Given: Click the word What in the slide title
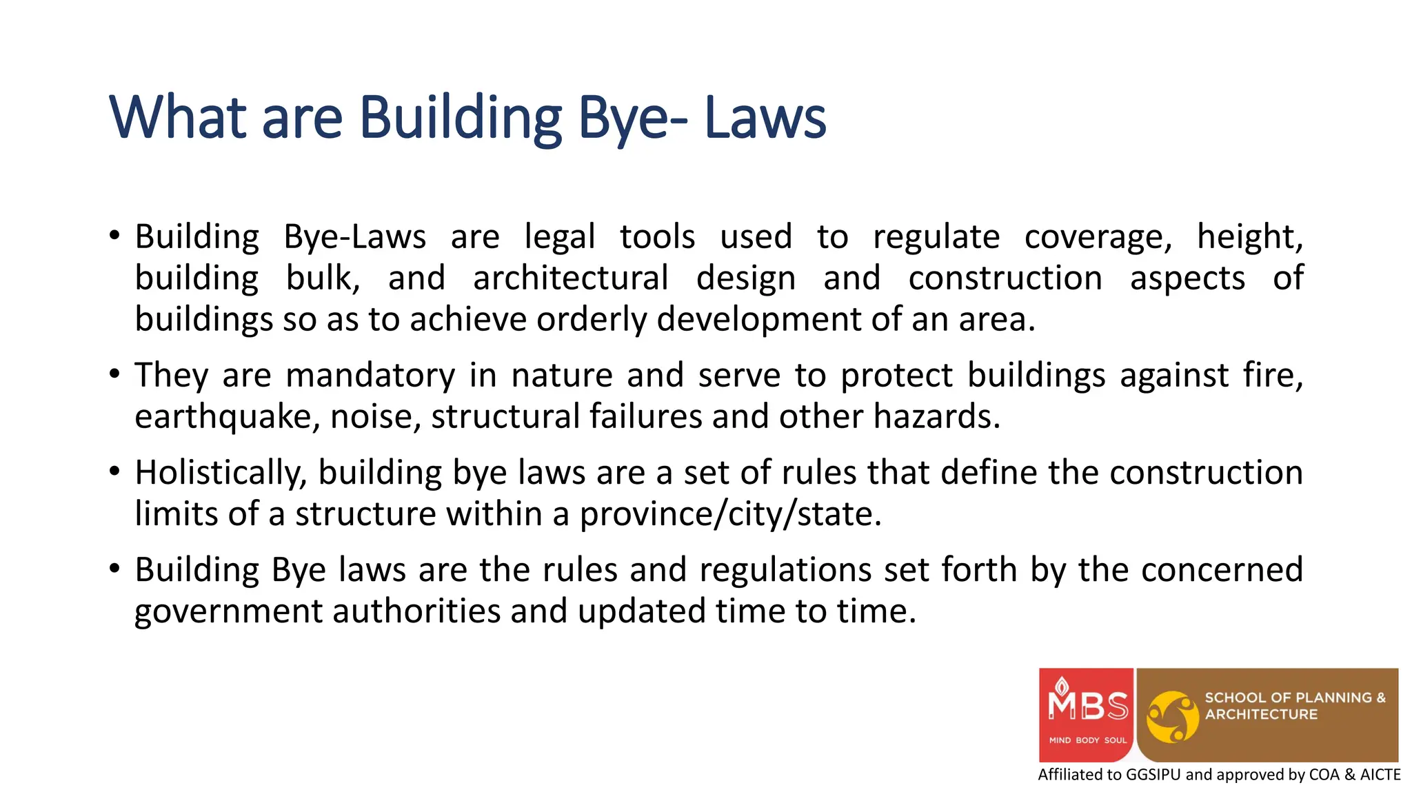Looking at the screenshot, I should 178,117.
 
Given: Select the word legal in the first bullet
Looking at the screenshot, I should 559,237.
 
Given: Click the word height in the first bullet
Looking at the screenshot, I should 1249,237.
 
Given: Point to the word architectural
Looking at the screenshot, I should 570,278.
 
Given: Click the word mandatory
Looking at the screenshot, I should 370,376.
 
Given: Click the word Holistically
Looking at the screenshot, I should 221,474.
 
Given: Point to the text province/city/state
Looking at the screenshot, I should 730,515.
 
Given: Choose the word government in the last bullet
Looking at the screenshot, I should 228,612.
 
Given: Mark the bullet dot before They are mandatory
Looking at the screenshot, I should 114,375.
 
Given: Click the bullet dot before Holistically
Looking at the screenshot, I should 114,472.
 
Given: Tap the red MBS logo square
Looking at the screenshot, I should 1086,714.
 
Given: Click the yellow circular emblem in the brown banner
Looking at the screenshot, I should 1172,717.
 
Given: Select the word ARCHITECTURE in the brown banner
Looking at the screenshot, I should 1261,715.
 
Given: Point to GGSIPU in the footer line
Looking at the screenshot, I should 1153,775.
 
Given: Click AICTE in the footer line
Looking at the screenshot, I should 1380,775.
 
